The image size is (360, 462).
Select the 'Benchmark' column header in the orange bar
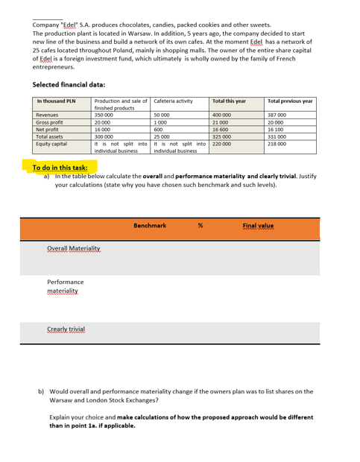149,204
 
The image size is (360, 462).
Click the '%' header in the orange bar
200,204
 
